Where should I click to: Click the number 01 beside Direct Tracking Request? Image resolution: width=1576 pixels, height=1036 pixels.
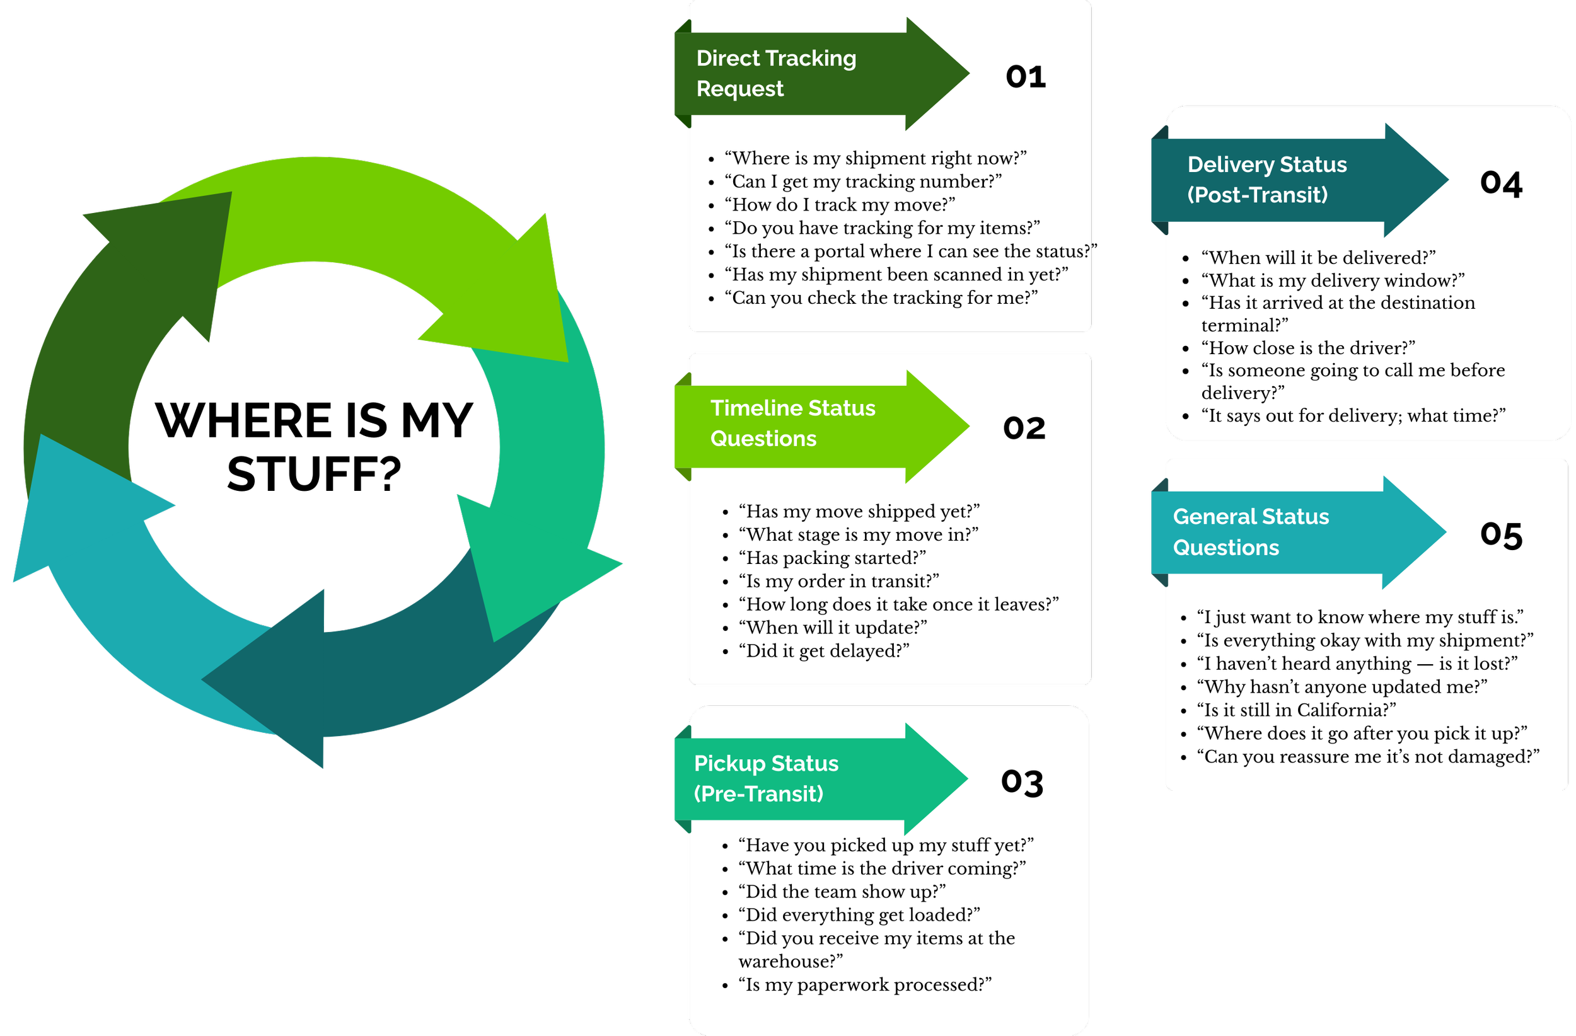click(x=1026, y=77)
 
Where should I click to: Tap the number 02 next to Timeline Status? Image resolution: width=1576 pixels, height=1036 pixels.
click(x=1024, y=429)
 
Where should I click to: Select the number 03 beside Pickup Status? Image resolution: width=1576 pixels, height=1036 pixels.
click(x=1022, y=783)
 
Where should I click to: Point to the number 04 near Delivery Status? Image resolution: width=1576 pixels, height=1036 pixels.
click(x=1500, y=183)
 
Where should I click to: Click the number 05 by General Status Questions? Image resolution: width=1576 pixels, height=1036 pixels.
click(x=1500, y=535)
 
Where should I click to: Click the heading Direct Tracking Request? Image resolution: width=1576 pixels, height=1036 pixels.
click(x=775, y=74)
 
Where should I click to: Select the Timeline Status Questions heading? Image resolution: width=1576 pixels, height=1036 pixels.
click(x=792, y=423)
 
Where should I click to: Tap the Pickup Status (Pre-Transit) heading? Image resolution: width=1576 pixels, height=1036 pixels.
click(x=765, y=778)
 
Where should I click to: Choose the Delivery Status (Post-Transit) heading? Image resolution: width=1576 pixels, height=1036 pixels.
click(x=1266, y=180)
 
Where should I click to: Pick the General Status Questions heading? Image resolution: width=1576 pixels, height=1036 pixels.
click(x=1250, y=532)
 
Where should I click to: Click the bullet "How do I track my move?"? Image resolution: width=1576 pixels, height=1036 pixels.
click(x=840, y=205)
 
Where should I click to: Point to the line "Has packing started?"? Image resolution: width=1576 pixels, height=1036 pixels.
click(x=831, y=558)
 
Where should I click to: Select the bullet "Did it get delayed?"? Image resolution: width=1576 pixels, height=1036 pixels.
click(x=824, y=651)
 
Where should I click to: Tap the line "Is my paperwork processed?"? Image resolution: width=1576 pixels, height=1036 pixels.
click(x=865, y=985)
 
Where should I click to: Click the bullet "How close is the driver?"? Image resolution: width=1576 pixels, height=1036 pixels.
click(x=1308, y=348)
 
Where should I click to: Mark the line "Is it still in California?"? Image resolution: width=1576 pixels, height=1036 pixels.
click(x=1296, y=710)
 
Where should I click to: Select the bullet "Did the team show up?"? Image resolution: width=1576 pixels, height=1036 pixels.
click(x=842, y=892)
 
